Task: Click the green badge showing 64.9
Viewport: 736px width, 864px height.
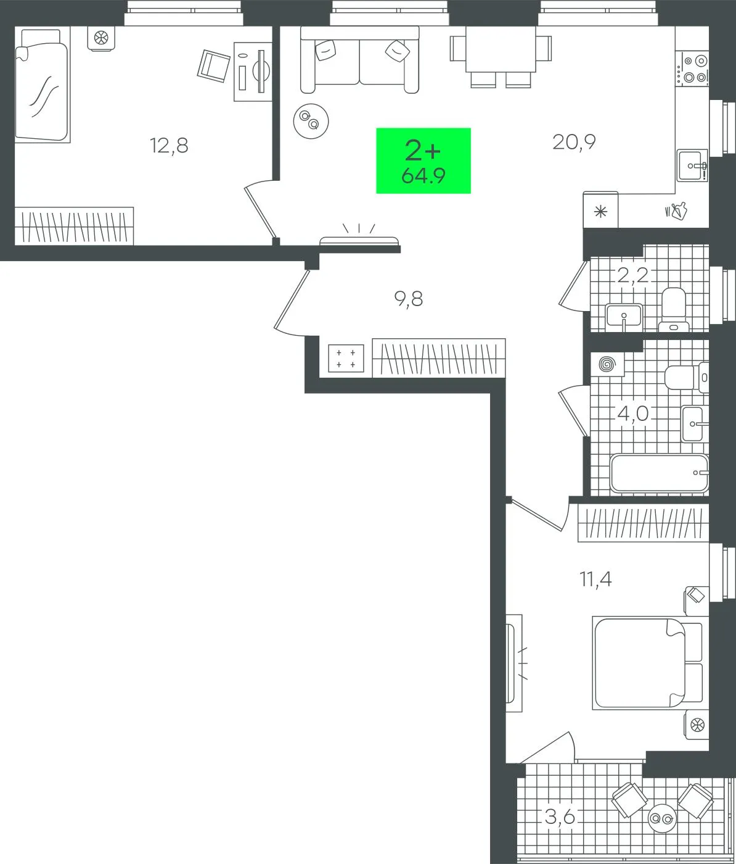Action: [423, 160]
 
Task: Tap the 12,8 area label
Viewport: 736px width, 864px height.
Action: [169, 146]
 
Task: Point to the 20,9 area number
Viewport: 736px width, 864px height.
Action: [574, 142]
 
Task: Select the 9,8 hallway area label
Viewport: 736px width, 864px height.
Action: [408, 299]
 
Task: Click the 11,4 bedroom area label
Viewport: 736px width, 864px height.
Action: [595, 579]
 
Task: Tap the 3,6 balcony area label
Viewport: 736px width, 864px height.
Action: [560, 816]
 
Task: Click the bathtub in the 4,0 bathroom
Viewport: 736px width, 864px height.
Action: [659, 473]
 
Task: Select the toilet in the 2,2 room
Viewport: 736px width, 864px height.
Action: [674, 309]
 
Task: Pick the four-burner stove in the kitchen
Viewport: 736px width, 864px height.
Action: [694, 69]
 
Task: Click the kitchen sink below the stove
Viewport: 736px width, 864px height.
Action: [692, 165]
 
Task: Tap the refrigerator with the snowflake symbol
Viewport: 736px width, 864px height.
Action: [600, 210]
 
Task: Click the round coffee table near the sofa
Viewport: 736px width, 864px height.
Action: [311, 121]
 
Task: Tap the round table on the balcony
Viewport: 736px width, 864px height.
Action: [661, 818]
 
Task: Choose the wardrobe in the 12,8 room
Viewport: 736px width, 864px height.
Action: [75, 226]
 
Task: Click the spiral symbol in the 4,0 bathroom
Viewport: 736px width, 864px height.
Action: [605, 364]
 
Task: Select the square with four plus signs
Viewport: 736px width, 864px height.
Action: [346, 358]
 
